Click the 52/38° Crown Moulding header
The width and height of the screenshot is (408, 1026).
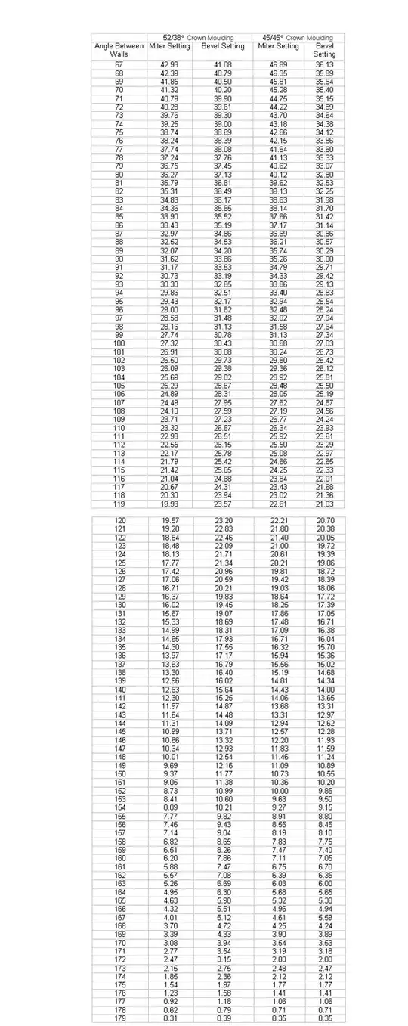click(199, 37)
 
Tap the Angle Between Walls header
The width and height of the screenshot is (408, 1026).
click(119, 50)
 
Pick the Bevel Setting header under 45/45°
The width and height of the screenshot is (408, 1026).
click(324, 50)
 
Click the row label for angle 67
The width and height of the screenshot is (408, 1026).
click(119, 65)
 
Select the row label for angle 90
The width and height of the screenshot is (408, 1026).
click(119, 258)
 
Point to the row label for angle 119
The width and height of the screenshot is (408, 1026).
click(119, 502)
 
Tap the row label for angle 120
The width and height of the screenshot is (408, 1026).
click(119, 521)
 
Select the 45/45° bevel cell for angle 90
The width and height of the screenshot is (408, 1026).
click(324, 258)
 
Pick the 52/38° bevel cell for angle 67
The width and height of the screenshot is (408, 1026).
click(223, 65)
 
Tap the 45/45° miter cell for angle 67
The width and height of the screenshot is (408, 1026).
click(279, 65)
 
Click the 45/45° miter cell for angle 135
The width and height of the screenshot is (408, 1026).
click(279, 647)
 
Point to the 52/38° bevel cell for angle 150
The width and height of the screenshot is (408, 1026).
click(223, 773)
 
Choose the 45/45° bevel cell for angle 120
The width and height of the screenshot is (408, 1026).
click(326, 521)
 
